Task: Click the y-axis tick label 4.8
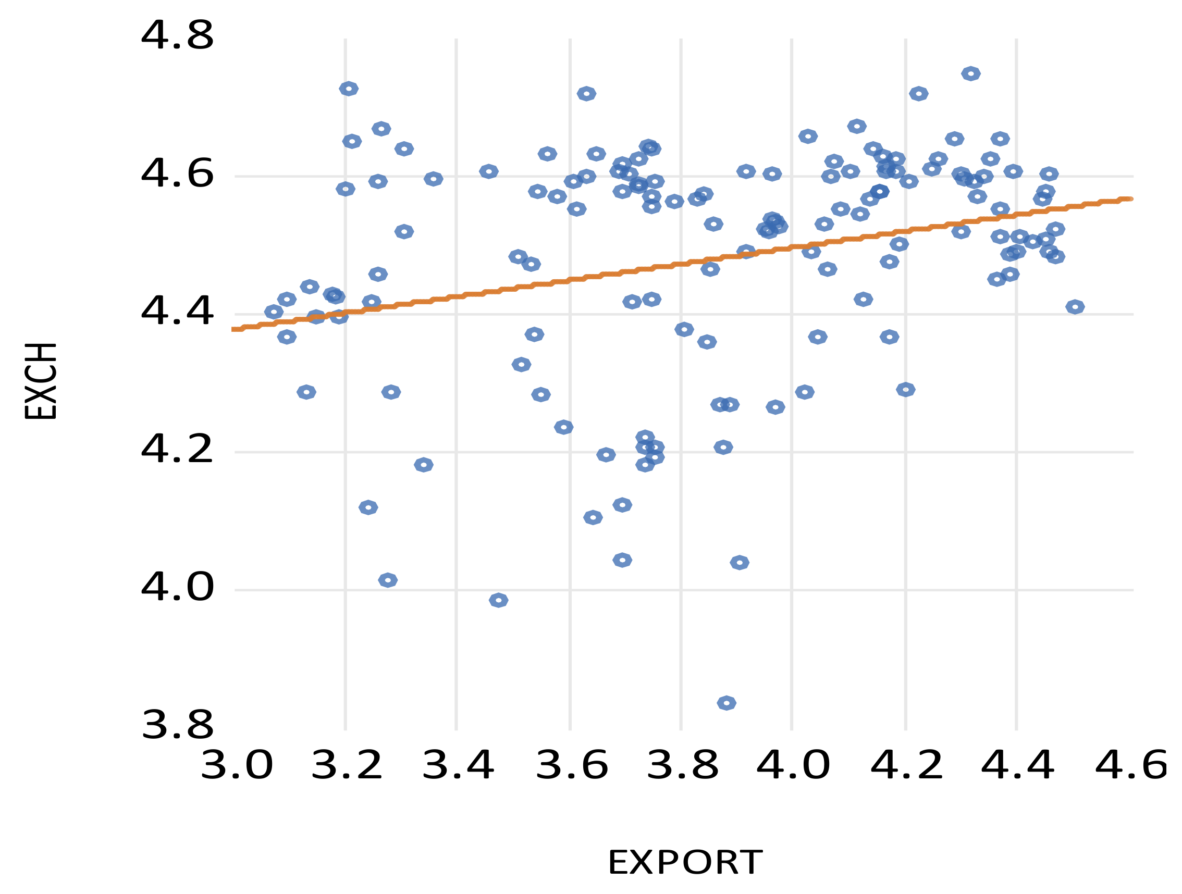coord(177,36)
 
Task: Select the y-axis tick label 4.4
coord(177,312)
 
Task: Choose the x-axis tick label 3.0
coord(236,766)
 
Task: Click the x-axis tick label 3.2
coord(347,766)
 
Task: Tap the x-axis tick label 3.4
coord(458,766)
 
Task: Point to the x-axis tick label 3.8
coord(682,766)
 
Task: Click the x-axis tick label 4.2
coord(907,766)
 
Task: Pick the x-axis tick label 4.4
coord(1018,766)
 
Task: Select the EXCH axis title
coord(41,381)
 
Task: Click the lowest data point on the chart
coord(727,703)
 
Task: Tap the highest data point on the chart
coord(971,73)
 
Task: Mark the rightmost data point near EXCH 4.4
coord(1075,307)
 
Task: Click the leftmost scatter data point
coord(274,312)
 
